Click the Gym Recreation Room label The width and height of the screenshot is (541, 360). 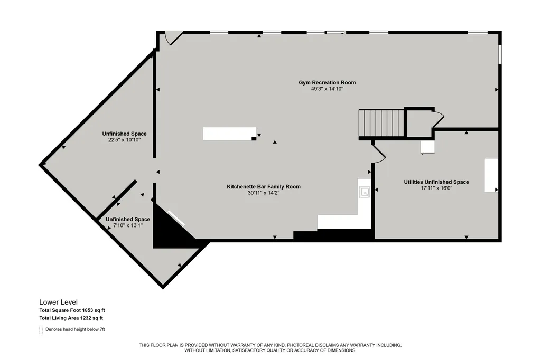pyautogui.click(x=327, y=82)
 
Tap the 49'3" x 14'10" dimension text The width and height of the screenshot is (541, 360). pyautogui.click(x=327, y=89)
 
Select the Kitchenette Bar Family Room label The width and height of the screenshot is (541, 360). pyautogui.click(x=264, y=186)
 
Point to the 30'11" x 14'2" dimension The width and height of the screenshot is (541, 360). pyautogui.click(x=264, y=193)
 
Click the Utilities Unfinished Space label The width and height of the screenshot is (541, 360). pyautogui.click(x=436, y=182)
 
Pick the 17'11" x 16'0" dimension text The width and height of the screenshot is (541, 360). pyautogui.click(x=436, y=188)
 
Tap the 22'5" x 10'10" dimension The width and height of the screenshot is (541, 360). pyautogui.click(x=124, y=140)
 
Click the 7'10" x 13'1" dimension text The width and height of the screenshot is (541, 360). pyautogui.click(x=128, y=225)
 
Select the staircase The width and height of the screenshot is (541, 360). pyautogui.click(x=381, y=124)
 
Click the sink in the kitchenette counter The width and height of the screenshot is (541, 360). pyautogui.click(x=365, y=192)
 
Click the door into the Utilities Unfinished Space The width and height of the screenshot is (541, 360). pyautogui.click(x=378, y=153)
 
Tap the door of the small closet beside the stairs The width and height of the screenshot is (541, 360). pyautogui.click(x=438, y=119)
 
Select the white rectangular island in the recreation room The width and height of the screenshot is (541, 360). pyautogui.click(x=229, y=134)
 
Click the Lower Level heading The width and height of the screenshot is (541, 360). pyautogui.click(x=58, y=302)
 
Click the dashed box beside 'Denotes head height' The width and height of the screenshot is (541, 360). pyautogui.click(x=41, y=330)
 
